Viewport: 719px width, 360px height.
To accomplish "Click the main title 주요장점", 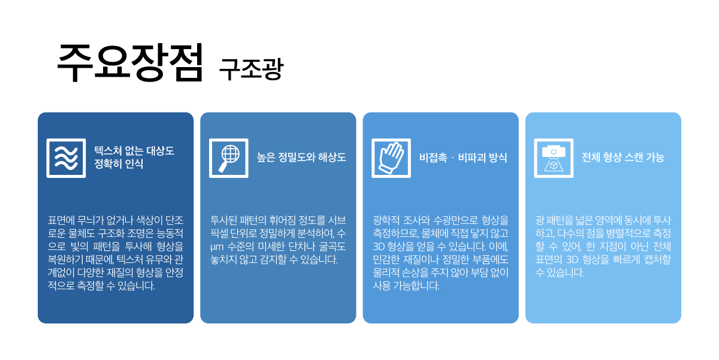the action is tap(130, 62).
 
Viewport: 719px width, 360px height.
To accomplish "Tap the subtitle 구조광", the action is tap(251, 69).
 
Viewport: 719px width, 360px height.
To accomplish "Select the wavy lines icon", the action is tap(66, 158).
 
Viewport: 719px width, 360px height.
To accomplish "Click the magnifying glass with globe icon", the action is tap(228, 158).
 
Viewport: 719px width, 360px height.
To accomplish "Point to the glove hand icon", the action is tap(391, 158).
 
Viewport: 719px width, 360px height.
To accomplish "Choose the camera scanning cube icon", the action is tap(554, 158).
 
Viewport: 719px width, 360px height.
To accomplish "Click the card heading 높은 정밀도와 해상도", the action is tap(301, 158).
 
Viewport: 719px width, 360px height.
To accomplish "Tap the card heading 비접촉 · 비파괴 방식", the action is tap(463, 158).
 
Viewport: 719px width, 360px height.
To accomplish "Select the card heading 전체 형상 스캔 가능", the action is tap(623, 158).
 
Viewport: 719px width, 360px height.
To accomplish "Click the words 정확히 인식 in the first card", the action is tap(119, 164).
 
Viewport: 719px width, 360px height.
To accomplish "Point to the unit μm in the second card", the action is tap(217, 247).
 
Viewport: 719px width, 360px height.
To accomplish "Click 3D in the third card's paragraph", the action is tap(379, 247).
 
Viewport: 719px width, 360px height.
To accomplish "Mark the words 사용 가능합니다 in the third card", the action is tap(406, 286).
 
